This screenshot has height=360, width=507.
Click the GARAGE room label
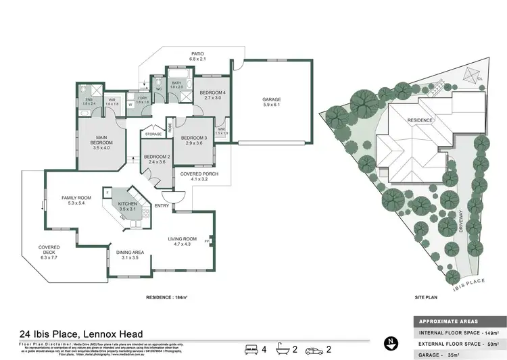tap(272, 99)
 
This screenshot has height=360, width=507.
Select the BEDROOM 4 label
tap(204, 93)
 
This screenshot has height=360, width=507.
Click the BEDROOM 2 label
tap(157, 158)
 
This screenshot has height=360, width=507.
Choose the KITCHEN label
tap(128, 204)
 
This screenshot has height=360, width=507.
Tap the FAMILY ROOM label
tap(72, 198)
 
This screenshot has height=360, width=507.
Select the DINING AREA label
tap(126, 253)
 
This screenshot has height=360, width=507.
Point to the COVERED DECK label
tap(49, 248)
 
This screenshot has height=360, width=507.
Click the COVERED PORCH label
tap(195, 174)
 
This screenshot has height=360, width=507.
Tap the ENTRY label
tap(162, 206)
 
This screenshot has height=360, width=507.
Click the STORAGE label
tap(153, 134)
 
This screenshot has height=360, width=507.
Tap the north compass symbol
tap(389, 343)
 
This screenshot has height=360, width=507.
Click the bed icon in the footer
tap(252, 349)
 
